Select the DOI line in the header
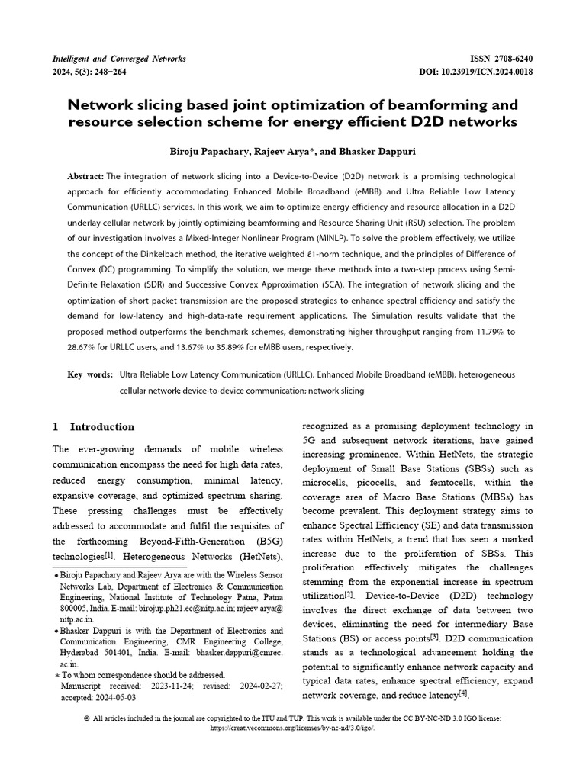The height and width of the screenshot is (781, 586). [476, 72]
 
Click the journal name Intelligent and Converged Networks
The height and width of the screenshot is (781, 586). [118, 59]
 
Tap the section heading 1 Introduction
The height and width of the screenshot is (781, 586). [93, 426]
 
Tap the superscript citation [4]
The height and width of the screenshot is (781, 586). [462, 693]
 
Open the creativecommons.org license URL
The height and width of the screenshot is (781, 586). [293, 728]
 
